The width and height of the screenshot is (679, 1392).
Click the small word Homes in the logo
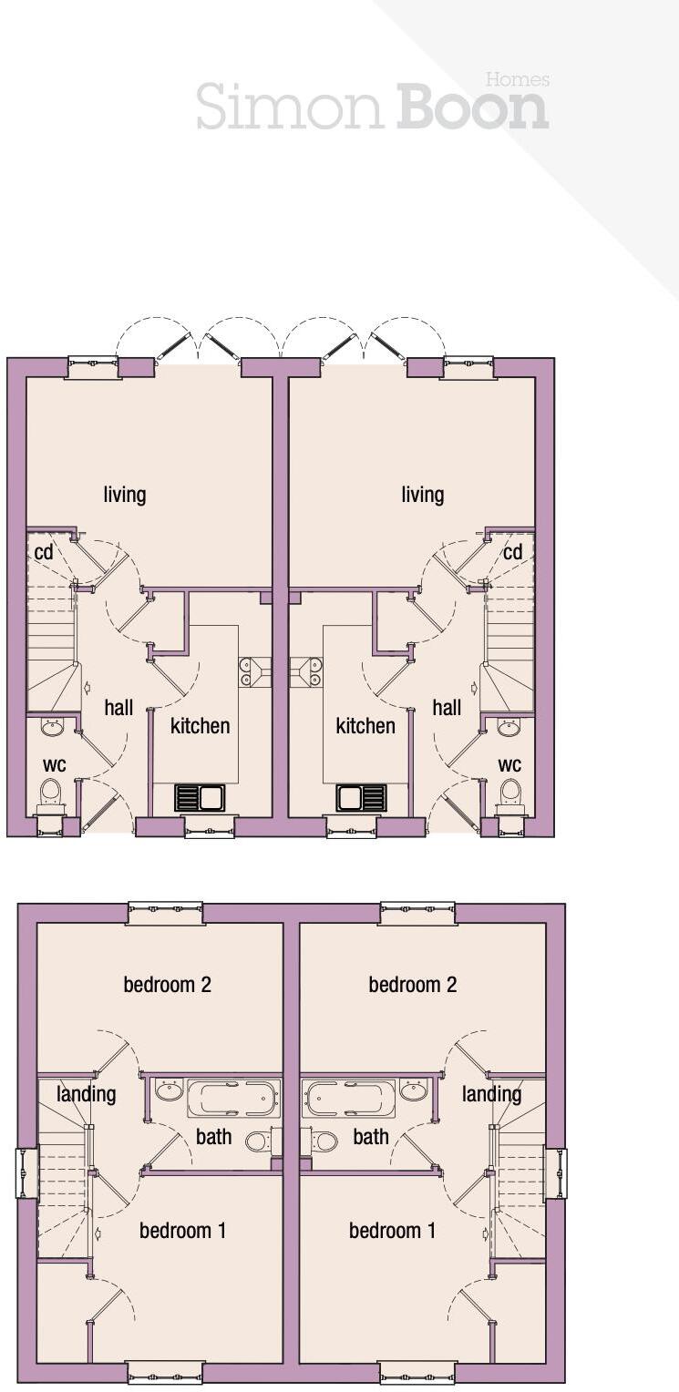point(517,80)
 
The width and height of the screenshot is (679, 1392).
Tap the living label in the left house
point(125,495)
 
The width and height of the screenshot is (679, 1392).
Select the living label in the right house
point(423,495)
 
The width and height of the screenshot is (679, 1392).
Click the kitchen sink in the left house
point(201,798)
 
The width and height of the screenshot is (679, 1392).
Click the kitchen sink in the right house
point(361,798)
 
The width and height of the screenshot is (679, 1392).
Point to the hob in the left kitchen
point(252,671)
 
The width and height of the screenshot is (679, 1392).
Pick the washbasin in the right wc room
point(509,727)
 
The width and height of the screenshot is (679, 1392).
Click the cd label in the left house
point(44,553)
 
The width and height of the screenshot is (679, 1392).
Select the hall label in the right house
point(447,708)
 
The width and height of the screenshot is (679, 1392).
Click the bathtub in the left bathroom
point(233,1098)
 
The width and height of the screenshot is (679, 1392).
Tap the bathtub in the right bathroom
point(350,1098)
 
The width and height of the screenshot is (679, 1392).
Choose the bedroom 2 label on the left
point(168,985)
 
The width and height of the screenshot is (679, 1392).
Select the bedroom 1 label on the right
point(392,1231)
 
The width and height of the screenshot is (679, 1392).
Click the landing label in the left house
point(87,1093)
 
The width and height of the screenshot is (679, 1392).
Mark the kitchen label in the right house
point(365,726)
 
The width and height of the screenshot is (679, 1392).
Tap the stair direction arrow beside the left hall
point(87,690)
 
